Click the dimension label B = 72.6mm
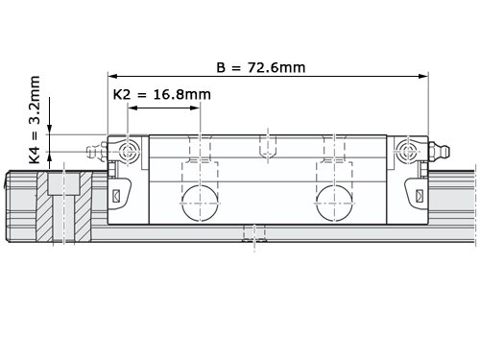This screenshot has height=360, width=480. (261, 67)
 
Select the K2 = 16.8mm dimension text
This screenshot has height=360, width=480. (162, 95)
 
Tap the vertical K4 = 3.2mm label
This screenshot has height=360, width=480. (35, 120)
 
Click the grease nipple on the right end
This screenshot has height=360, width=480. (440, 150)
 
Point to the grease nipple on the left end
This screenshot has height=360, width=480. (96, 151)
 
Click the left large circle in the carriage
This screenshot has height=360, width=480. (200, 203)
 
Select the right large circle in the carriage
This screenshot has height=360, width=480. (335, 203)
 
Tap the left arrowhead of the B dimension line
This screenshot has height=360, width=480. (112, 76)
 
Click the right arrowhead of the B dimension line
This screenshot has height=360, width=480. (423, 76)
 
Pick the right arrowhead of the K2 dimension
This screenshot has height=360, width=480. (195, 108)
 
